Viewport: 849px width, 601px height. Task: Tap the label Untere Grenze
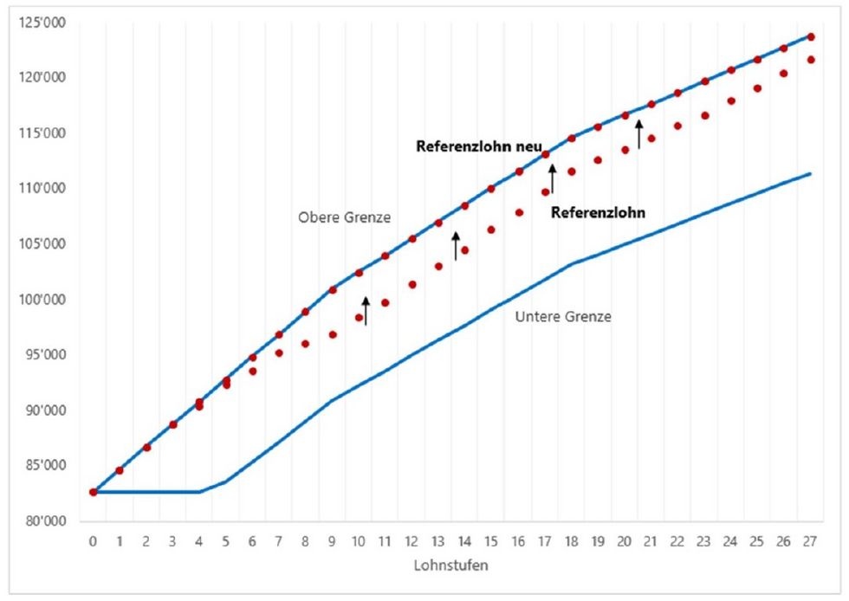point(563,317)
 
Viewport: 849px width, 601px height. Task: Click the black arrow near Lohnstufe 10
point(366,311)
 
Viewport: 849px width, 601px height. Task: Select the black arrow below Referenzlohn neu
point(552,177)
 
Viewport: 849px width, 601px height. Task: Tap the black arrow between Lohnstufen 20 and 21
point(639,134)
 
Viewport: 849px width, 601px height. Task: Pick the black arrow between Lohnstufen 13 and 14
point(456,246)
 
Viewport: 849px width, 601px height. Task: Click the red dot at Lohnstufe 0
point(94,492)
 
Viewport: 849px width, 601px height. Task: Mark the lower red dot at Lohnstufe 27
point(811,60)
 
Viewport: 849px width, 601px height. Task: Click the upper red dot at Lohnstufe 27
point(811,37)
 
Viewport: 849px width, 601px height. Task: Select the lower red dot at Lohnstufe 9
point(333,334)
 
